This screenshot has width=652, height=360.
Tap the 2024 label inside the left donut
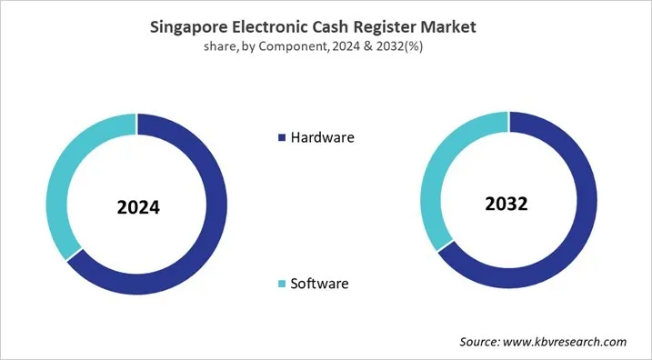click(x=138, y=207)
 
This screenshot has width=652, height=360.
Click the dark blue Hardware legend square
click(x=281, y=138)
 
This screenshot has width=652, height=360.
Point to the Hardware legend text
click(x=322, y=138)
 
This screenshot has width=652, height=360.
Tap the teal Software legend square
click(x=281, y=285)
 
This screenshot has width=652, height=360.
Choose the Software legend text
click(x=319, y=285)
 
